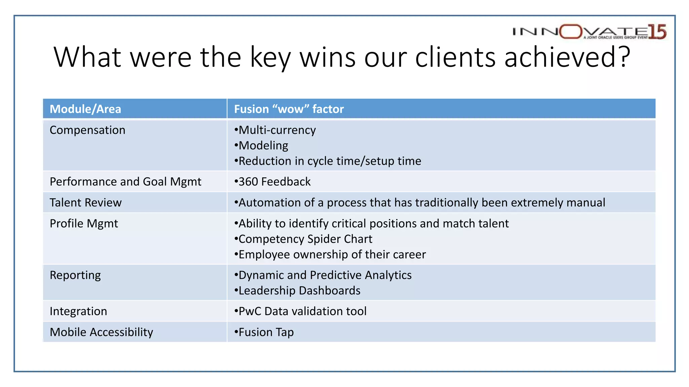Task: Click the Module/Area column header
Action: click(x=85, y=109)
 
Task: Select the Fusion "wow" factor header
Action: click(x=289, y=109)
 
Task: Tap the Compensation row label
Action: click(x=87, y=130)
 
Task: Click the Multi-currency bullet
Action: click(x=275, y=130)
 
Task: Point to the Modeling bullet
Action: click(x=261, y=145)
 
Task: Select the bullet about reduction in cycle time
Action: click(x=328, y=161)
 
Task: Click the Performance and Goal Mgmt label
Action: click(x=125, y=182)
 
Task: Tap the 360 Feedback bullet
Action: click(x=273, y=182)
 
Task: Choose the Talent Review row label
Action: click(x=85, y=203)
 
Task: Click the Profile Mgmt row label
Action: click(x=84, y=223)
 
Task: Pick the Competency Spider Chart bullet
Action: click(x=303, y=239)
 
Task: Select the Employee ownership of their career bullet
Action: click(x=330, y=254)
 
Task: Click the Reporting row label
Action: click(x=75, y=275)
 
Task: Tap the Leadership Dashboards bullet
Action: click(x=297, y=291)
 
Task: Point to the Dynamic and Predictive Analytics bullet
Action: click(x=323, y=275)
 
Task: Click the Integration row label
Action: click(x=78, y=311)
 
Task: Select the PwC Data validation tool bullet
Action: click(x=300, y=311)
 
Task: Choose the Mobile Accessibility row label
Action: click(x=101, y=332)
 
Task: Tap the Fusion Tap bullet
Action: click(x=264, y=332)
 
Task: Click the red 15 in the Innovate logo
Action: click(x=657, y=32)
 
